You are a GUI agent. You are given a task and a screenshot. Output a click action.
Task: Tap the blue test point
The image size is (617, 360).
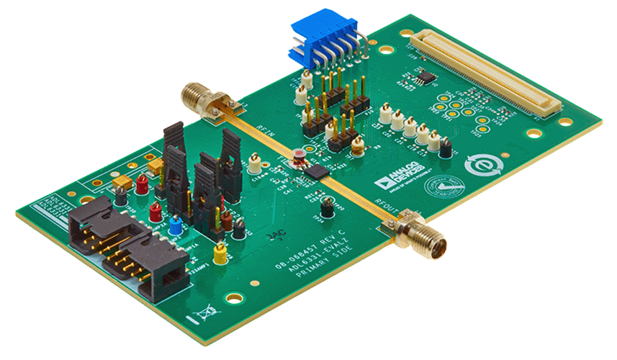click(176, 227)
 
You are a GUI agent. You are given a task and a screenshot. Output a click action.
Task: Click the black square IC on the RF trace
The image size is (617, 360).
click(315, 171)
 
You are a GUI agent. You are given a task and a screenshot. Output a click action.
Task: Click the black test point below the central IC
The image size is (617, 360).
click(327, 210)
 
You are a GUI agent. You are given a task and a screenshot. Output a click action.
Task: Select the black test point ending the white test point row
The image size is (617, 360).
click(445, 149)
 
